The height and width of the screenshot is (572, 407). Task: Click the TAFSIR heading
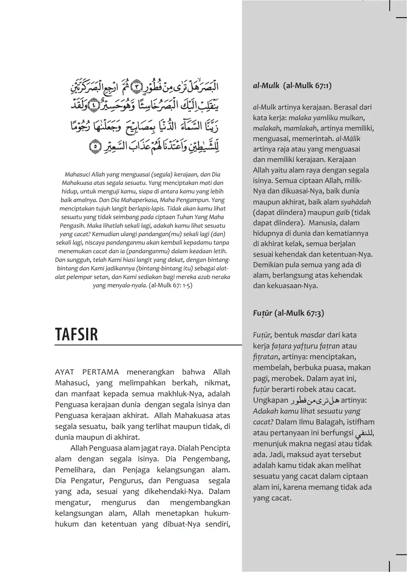point(76,334)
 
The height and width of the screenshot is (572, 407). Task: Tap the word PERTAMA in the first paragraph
point(101,372)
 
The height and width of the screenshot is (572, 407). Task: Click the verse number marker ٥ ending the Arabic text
point(95,146)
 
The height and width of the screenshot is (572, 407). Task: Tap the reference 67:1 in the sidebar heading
point(321,85)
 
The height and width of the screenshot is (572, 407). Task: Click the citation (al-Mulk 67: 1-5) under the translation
point(170,286)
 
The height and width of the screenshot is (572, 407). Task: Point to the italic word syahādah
point(356,202)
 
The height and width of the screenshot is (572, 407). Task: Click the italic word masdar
point(313,335)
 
